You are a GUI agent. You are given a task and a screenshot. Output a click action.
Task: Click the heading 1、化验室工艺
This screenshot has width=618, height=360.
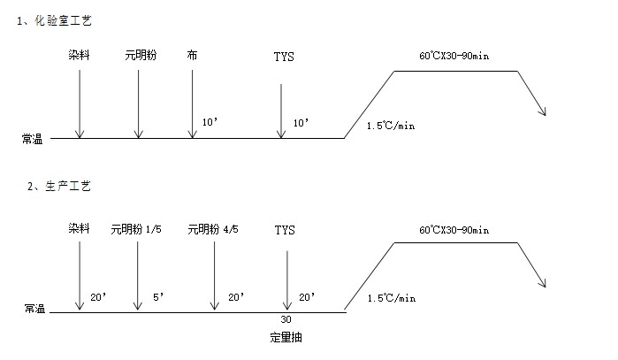(x=55, y=19)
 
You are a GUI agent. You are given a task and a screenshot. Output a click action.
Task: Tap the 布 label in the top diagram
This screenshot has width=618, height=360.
(x=192, y=56)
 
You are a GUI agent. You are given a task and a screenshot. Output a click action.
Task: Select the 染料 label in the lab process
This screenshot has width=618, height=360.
(x=80, y=56)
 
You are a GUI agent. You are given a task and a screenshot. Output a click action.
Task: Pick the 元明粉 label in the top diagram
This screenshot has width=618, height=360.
(x=141, y=56)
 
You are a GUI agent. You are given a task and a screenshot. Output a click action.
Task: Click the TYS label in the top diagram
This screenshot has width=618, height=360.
(x=284, y=57)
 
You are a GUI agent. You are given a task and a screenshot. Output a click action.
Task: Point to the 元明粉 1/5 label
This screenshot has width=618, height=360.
(x=136, y=230)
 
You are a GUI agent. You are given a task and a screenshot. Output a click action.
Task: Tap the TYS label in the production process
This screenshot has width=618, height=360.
(x=285, y=230)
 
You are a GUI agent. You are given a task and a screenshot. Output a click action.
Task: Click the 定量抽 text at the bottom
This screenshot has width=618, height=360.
(x=287, y=337)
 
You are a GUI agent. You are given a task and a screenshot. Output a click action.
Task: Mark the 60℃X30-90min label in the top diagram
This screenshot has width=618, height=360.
(x=454, y=56)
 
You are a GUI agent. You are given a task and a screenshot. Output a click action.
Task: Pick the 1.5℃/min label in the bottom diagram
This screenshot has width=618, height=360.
(x=391, y=299)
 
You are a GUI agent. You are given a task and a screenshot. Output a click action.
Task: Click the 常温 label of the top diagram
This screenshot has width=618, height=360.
(x=34, y=139)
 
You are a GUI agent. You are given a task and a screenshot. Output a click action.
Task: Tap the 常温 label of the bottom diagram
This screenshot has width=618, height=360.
(x=34, y=310)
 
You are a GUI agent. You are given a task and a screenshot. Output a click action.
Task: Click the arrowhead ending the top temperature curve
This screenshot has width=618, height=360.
(x=544, y=111)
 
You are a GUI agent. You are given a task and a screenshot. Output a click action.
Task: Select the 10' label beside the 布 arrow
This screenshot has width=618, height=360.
(x=210, y=122)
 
